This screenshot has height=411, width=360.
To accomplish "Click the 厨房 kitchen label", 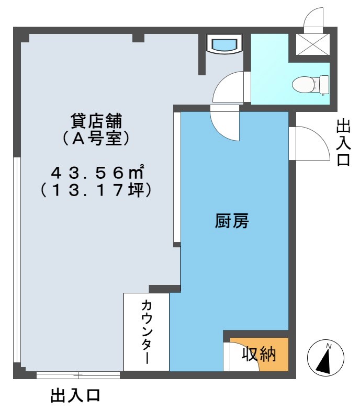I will [231, 222].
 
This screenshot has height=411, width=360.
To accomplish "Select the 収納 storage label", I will [258, 354].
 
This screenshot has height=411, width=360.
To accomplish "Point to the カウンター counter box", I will [147, 332].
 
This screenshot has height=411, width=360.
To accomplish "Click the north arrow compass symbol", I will [327, 358].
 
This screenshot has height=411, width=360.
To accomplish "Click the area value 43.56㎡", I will [97, 172].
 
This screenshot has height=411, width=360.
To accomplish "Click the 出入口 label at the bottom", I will [75, 395].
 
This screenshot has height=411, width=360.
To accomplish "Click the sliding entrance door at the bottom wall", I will [78, 374].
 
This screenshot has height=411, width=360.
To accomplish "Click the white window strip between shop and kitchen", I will [177, 178].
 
